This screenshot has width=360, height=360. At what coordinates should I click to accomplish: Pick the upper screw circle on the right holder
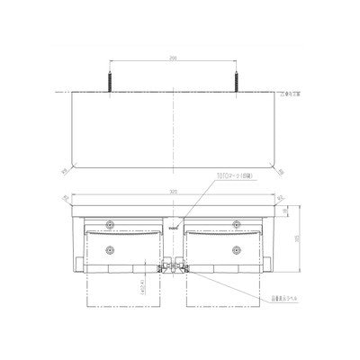click(237, 222)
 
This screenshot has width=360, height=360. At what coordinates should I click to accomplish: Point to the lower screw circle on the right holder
click(237, 249)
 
